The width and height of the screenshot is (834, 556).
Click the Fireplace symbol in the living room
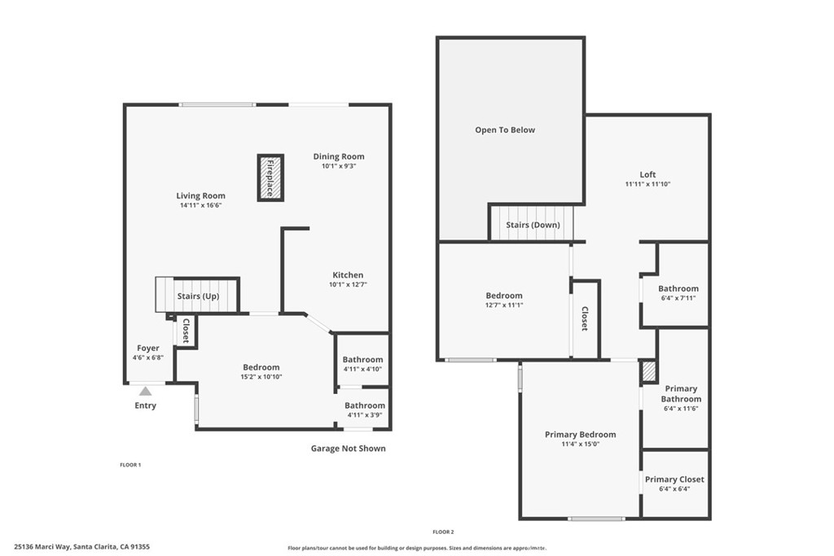pos(270,177)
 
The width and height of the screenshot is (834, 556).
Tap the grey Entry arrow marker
pos(145,392)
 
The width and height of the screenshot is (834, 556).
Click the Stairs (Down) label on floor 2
pos(533,225)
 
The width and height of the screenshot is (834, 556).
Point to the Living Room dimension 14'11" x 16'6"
pos(200,206)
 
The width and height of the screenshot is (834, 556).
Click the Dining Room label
pos(339,156)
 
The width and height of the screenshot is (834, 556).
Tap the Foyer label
pos(148,348)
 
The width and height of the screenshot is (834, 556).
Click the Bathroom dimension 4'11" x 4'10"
pos(362,370)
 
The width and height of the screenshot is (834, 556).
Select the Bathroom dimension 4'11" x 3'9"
pos(364,415)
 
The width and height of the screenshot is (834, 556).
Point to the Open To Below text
pos(505,130)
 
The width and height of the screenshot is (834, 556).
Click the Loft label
pos(647,174)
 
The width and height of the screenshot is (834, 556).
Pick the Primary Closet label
pos(674,479)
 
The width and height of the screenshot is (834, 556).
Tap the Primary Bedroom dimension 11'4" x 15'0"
pos(580,444)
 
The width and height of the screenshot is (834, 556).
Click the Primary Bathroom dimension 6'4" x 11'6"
pos(681,409)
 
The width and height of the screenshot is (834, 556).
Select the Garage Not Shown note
pos(349,449)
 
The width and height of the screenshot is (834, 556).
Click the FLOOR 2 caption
pos(443,532)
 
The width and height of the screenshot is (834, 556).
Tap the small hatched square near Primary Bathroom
pos(648,371)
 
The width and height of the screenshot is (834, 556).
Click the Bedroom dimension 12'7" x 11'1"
pos(504,305)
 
